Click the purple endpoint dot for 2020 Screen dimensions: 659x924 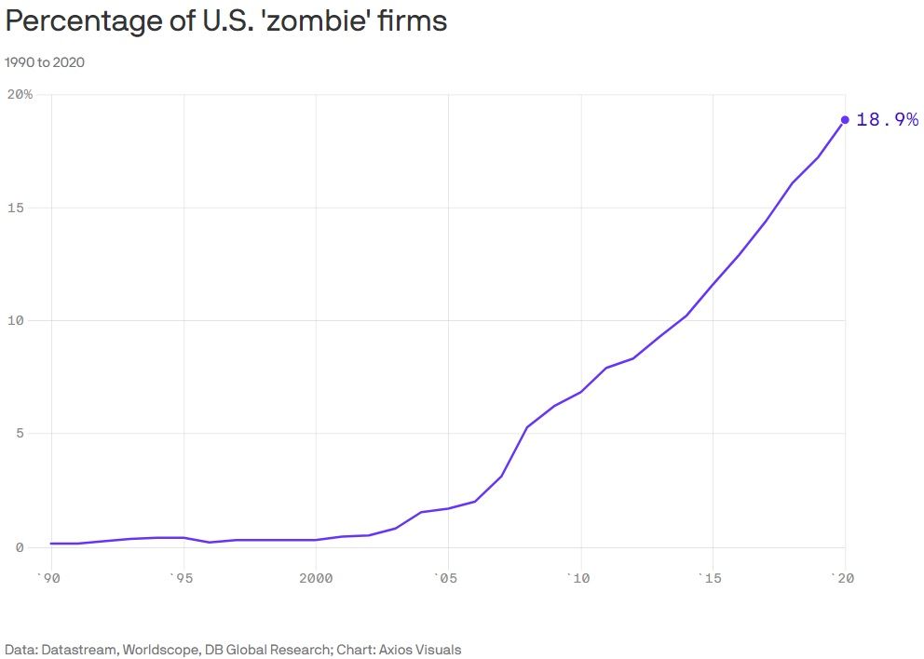tap(845, 119)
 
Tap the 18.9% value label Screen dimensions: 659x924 tap(886, 119)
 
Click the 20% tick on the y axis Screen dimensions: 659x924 tap(20, 94)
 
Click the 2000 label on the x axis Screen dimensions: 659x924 tap(316, 578)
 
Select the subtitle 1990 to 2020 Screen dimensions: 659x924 tap(45, 62)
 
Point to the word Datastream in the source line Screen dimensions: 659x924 tap(78, 649)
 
